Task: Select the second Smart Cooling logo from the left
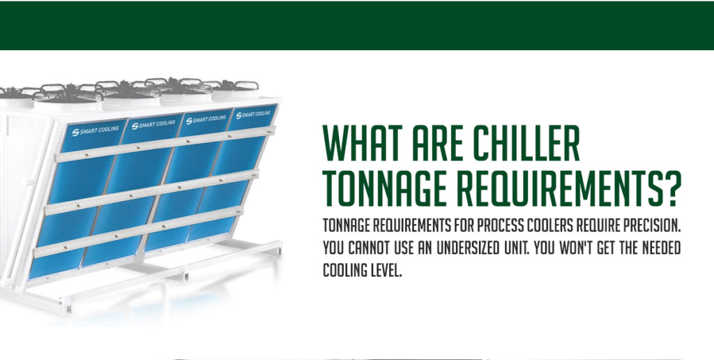[x=153, y=124]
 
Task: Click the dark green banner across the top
[x=357, y=25]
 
